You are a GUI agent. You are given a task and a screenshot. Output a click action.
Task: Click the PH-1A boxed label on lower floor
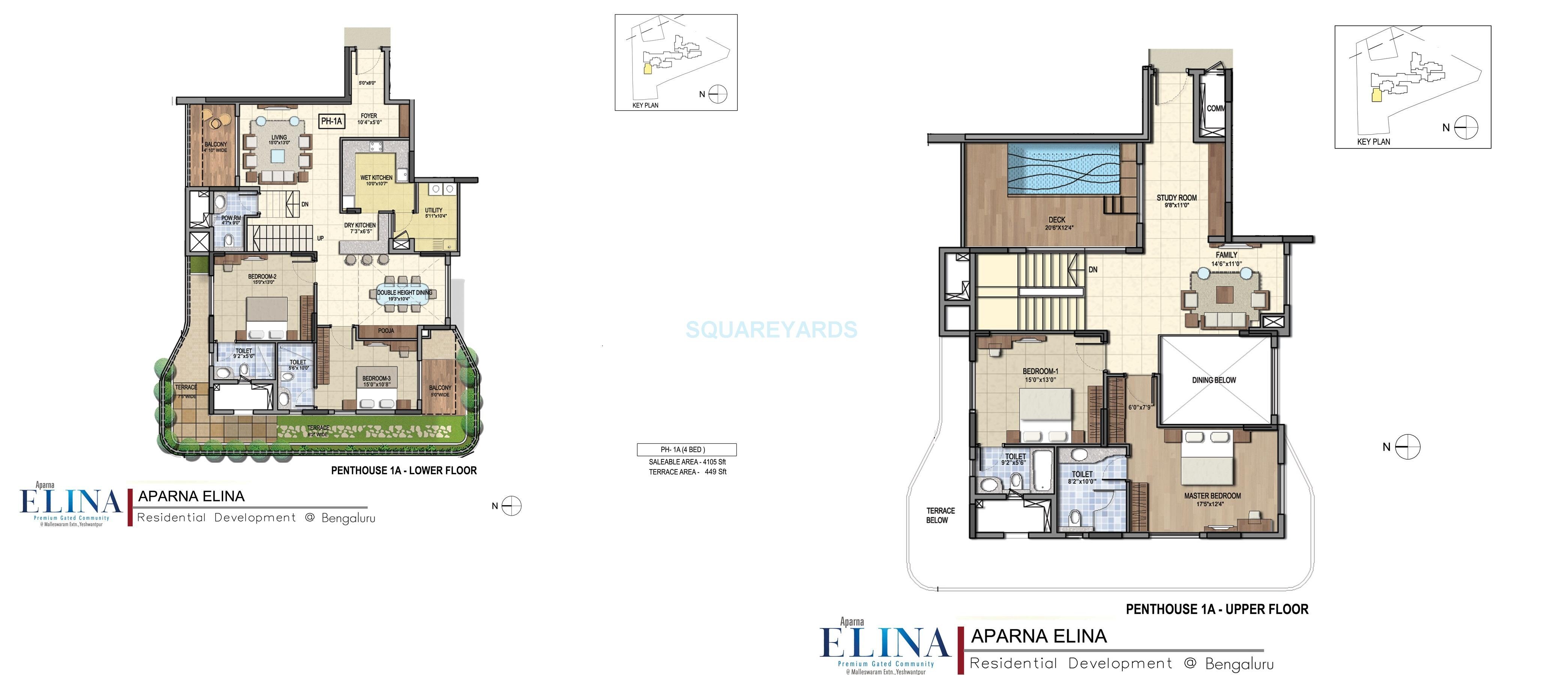click(x=332, y=121)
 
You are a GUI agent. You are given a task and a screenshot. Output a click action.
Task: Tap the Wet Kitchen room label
click(x=376, y=178)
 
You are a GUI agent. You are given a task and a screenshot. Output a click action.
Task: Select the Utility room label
click(x=434, y=210)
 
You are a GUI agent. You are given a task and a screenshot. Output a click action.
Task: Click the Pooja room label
click(x=386, y=331)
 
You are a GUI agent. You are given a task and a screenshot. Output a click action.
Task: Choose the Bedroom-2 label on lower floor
click(x=262, y=277)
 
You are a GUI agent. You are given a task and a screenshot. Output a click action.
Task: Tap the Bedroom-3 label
click(x=376, y=378)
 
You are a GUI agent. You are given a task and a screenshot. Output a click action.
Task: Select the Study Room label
click(x=1177, y=198)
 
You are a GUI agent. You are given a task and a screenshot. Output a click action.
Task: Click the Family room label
click(x=1226, y=255)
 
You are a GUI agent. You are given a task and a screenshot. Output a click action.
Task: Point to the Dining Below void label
click(x=1214, y=380)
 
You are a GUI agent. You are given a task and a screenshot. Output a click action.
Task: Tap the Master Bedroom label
click(x=1212, y=496)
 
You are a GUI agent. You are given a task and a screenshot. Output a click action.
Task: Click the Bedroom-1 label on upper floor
click(x=1041, y=371)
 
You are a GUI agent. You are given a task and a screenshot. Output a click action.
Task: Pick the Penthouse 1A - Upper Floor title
click(x=1217, y=609)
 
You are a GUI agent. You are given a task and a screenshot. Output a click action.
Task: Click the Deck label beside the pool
click(x=1057, y=220)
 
